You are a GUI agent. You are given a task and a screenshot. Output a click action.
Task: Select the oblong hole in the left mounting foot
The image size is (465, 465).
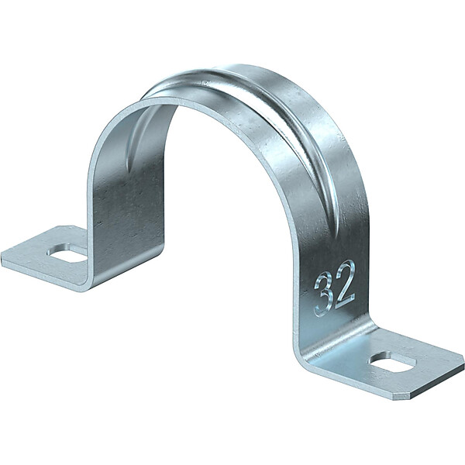(67, 253)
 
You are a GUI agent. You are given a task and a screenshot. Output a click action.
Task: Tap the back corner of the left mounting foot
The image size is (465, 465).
(63, 226)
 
